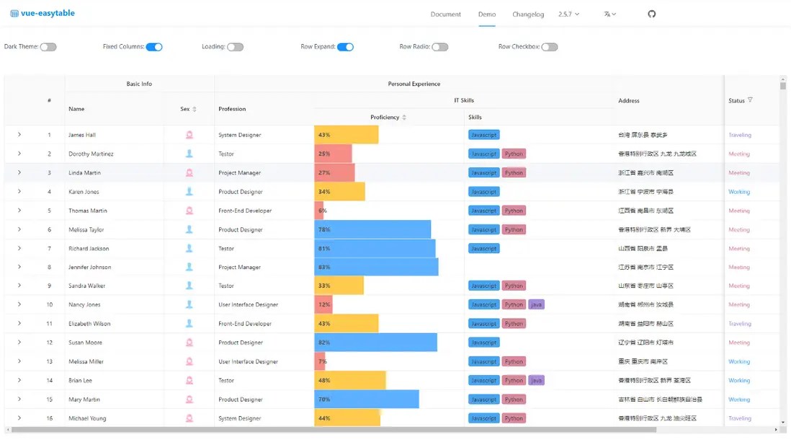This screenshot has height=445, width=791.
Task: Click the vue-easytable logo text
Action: (x=47, y=14)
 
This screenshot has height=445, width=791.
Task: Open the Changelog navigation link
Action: (x=528, y=14)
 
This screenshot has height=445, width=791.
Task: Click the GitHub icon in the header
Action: (x=652, y=14)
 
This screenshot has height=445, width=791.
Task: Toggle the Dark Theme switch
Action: (x=48, y=47)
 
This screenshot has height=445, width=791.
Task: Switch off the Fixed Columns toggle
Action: (x=154, y=47)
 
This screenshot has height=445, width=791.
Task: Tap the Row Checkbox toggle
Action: (x=550, y=47)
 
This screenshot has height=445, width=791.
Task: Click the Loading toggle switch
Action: (x=236, y=47)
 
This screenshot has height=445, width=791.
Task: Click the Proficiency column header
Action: (x=385, y=118)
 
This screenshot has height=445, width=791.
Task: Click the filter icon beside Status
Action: (x=750, y=100)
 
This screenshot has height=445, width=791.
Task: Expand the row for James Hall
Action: (x=19, y=135)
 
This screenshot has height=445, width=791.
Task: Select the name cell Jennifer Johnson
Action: (x=89, y=268)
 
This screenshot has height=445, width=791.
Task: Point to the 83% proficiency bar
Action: (x=376, y=268)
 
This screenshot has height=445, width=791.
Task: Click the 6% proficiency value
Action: (x=323, y=211)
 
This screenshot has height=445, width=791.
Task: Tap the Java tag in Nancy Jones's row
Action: (x=536, y=305)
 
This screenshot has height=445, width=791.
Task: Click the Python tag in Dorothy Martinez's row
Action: (x=514, y=154)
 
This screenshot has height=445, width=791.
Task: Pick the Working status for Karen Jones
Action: (x=739, y=192)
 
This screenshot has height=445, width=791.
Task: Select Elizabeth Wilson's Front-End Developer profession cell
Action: (x=245, y=324)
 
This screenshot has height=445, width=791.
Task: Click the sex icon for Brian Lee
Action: (x=189, y=380)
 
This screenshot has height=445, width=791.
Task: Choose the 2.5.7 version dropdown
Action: (x=568, y=14)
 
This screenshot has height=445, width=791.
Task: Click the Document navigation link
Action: (x=445, y=14)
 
